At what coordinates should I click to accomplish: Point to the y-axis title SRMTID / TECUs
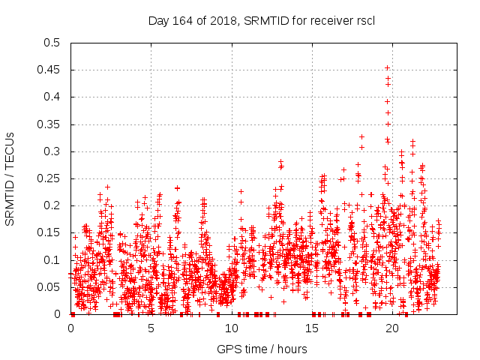[x=10, y=178]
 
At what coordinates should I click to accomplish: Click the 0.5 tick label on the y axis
[x=51, y=43]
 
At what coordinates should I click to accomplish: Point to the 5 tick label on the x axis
[x=151, y=328]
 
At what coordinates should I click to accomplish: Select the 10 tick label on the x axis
[x=232, y=328]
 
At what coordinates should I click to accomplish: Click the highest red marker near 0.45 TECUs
[x=387, y=67]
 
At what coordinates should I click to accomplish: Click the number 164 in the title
[x=182, y=20]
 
